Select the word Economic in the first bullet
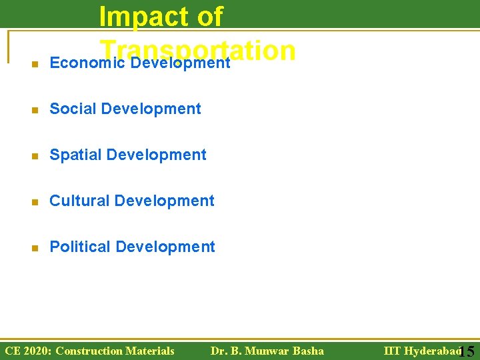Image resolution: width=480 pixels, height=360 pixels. point(73,63)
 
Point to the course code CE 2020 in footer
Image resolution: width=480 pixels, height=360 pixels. point(27,351)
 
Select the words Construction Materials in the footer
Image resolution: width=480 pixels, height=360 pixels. point(115,351)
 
